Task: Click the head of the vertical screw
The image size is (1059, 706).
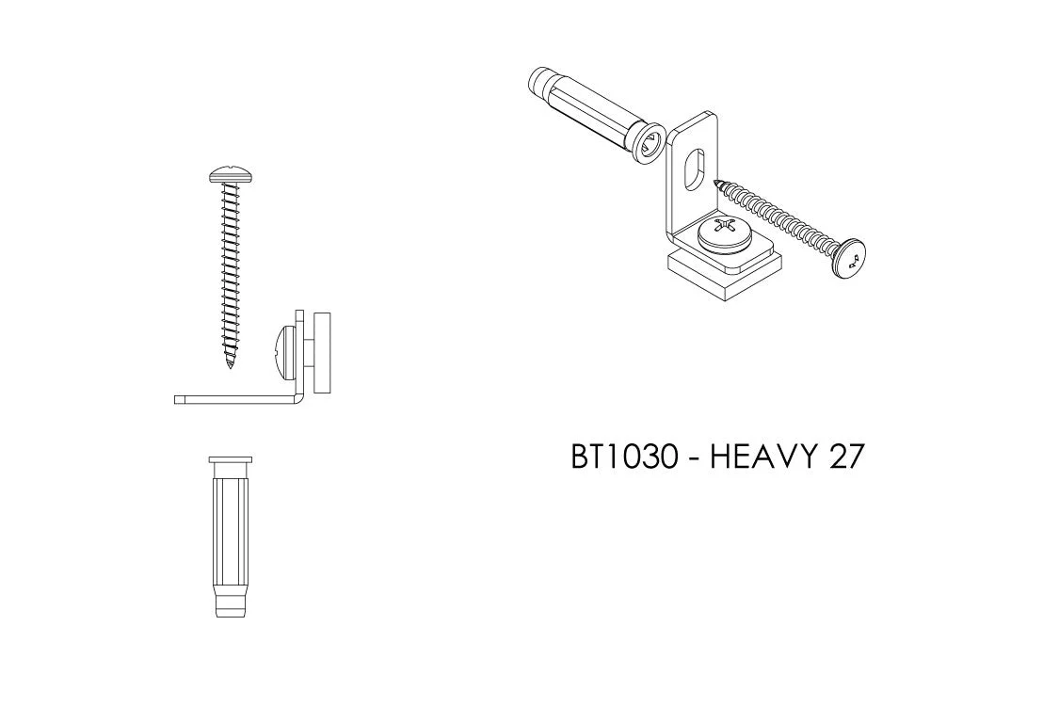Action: point(231,176)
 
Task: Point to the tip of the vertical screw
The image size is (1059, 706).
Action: point(231,367)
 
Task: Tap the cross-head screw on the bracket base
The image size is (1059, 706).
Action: point(724,235)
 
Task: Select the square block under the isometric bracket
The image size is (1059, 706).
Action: point(727,277)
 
